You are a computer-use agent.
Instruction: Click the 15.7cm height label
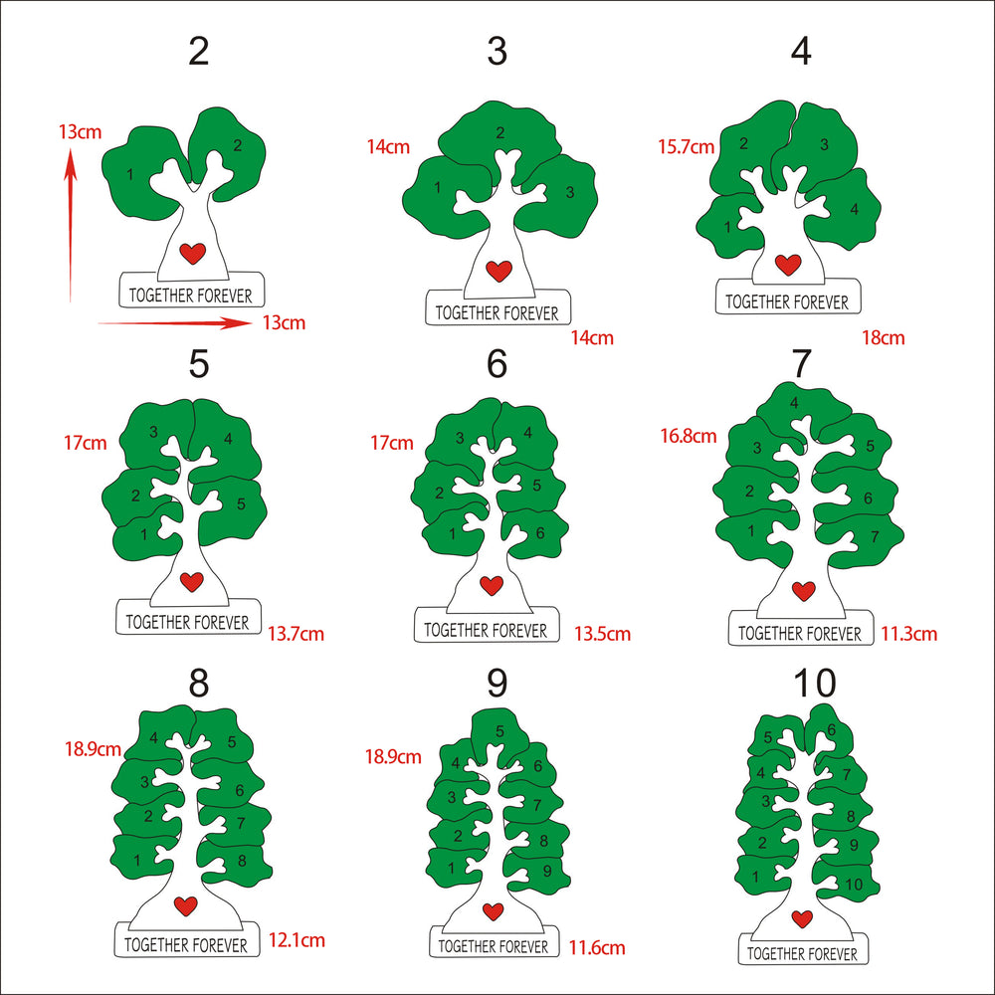point(686,147)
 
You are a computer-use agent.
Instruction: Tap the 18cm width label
point(883,337)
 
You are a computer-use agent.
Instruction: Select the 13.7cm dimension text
point(296,633)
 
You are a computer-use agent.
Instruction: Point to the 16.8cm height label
point(689,436)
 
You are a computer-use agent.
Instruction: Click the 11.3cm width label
point(908,633)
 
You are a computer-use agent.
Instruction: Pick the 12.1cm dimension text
point(297,940)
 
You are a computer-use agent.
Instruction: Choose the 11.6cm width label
point(596,948)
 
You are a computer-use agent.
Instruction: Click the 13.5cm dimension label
point(602,633)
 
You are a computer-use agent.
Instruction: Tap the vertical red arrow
point(71,225)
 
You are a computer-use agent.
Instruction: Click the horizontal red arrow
point(175,323)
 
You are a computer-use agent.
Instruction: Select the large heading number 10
point(815,684)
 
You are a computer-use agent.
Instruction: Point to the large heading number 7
point(801,363)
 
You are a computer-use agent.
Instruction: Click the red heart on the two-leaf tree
point(192,253)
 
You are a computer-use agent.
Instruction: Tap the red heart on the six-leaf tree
point(492,585)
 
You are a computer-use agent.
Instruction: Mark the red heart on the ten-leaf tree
point(802,918)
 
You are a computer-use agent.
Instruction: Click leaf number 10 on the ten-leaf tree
point(846,881)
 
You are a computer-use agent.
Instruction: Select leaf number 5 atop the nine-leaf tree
point(500,736)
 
